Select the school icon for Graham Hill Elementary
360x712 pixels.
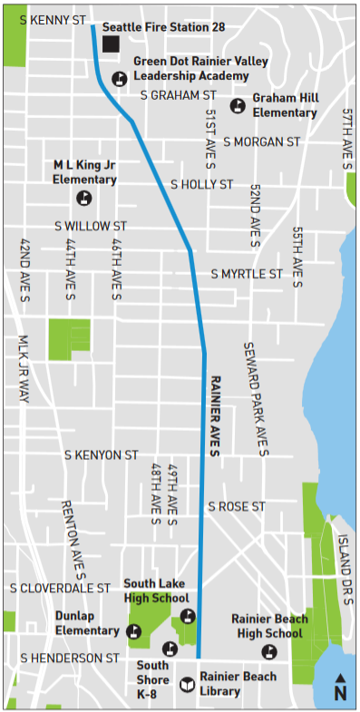pos(238,105)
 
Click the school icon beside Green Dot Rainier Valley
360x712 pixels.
pos(119,79)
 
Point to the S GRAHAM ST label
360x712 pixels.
pos(179,94)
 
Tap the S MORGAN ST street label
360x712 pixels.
pos(261,141)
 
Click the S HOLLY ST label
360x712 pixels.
pos(202,184)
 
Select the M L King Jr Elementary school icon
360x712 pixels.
pos(83,196)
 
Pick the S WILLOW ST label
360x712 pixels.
pos(91,225)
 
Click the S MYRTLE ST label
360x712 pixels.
pos(247,273)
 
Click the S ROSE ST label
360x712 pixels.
pos(236,505)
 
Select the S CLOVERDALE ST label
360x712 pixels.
pos(60,588)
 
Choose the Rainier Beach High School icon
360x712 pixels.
pos(268,652)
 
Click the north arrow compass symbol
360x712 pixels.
pos(340,687)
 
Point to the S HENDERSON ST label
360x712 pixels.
pos(69,657)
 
